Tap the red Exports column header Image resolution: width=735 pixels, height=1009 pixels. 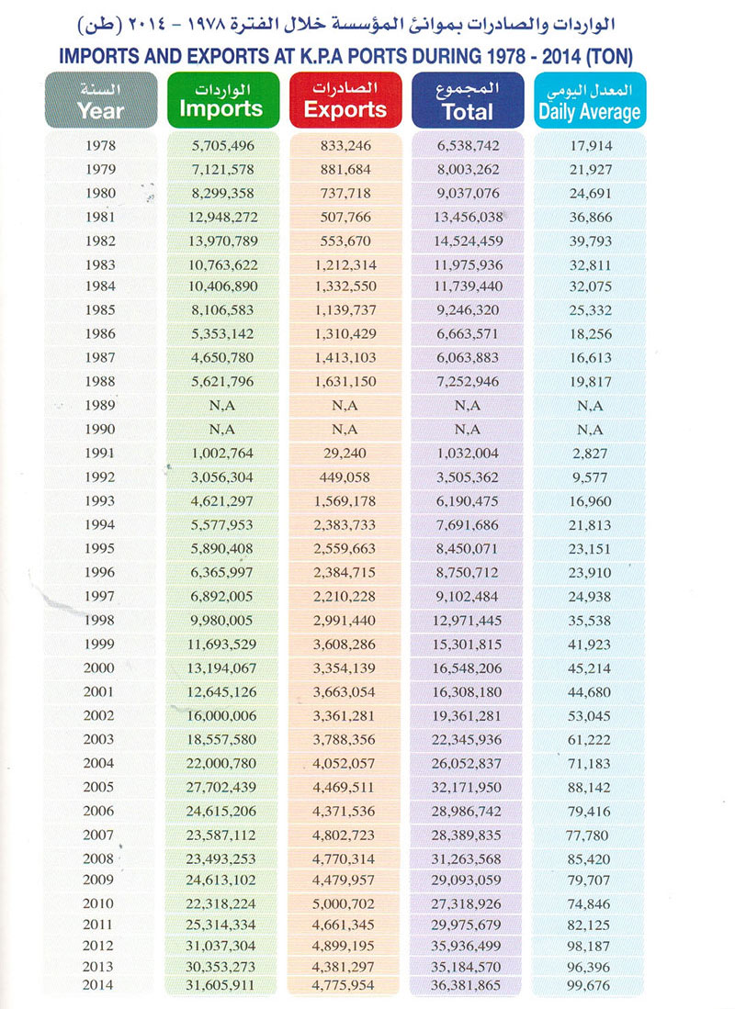(x=345, y=100)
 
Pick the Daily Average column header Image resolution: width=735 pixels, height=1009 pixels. (x=589, y=100)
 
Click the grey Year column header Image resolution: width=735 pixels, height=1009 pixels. (x=100, y=100)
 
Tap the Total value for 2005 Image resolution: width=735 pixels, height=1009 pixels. (x=469, y=787)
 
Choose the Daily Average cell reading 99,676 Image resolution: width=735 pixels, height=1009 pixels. (x=588, y=985)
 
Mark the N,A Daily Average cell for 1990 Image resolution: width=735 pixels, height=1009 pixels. (x=589, y=429)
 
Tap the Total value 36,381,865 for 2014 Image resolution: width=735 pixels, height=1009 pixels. (x=469, y=985)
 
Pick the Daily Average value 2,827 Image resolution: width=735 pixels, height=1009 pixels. (x=589, y=452)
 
